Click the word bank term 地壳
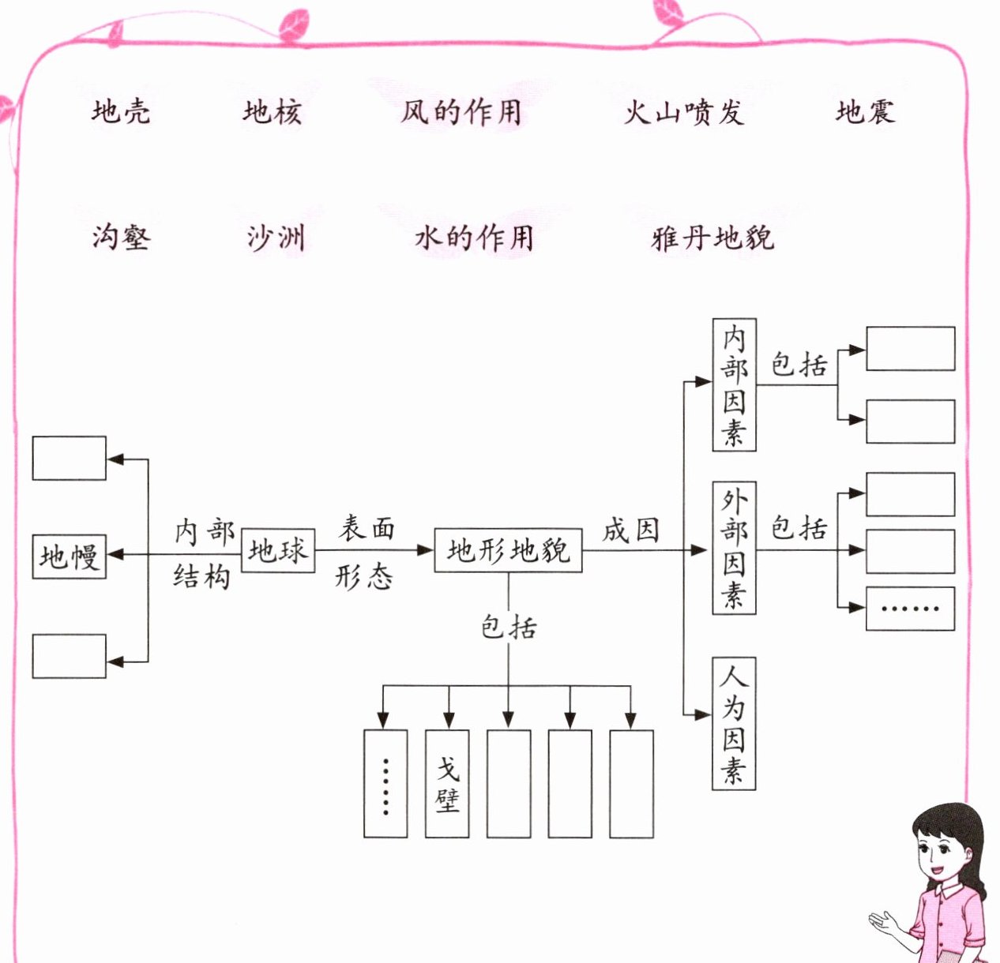[121, 111]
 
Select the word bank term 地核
[273, 111]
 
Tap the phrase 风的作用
[461, 111]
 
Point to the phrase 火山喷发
[684, 112]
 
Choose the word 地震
[866, 111]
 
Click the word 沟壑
[121, 236]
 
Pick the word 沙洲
[276, 237]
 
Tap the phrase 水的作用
[474, 237]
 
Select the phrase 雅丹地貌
[712, 237]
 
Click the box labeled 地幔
[69, 556]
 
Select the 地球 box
[277, 550]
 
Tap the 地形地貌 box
[508, 550]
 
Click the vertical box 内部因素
[734, 384]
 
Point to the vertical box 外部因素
[734, 547]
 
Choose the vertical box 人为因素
[734, 722]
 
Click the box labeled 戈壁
[447, 783]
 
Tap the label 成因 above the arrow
[631, 530]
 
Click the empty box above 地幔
[69, 458]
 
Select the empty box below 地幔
[69, 656]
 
